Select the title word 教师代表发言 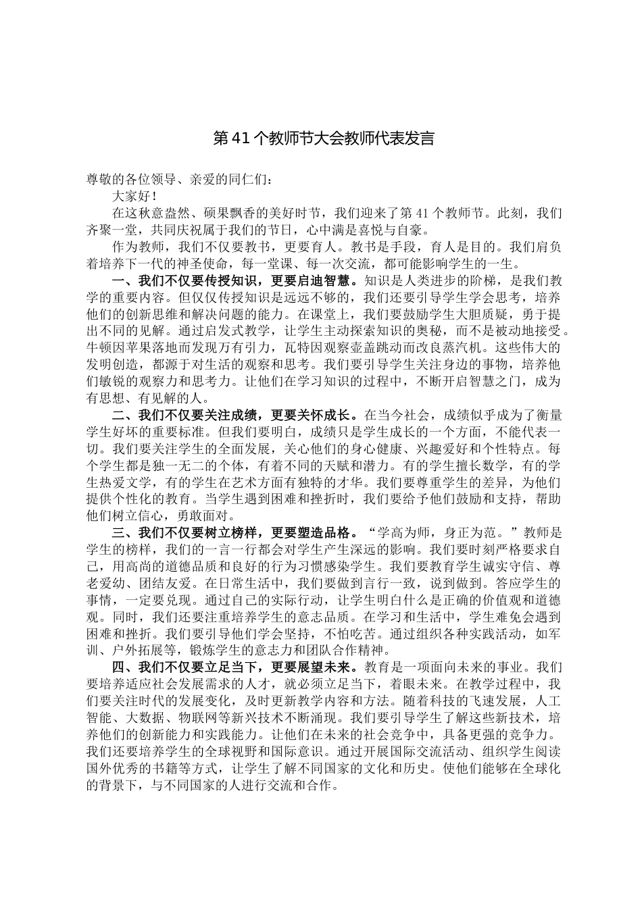389,139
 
